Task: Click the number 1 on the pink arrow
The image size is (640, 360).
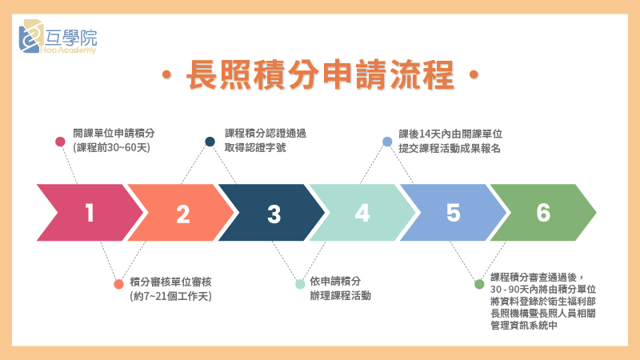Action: (90, 213)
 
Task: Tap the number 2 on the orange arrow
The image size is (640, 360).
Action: (183, 214)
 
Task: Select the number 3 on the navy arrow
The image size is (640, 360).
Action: (274, 214)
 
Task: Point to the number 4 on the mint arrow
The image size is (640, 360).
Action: (362, 213)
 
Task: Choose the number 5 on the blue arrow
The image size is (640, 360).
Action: (453, 213)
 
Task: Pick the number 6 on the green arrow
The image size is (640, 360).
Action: (543, 213)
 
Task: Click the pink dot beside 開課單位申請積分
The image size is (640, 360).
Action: (60, 142)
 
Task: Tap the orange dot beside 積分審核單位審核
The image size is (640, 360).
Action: (118, 284)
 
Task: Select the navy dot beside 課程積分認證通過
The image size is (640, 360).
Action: (210, 142)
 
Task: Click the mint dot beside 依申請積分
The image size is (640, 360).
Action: (300, 284)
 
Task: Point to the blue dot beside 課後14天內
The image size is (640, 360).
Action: (387, 142)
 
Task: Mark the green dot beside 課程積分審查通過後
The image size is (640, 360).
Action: (479, 284)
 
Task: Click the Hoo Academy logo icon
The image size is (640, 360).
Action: (31, 36)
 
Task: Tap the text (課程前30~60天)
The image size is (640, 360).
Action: (111, 147)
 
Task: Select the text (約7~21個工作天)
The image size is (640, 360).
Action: (170, 296)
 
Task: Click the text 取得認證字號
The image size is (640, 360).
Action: (255, 147)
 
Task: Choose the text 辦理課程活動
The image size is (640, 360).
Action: (341, 295)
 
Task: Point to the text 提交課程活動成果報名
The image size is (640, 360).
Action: (450, 148)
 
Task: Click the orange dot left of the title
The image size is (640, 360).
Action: (166, 74)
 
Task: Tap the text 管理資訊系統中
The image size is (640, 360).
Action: (524, 326)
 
